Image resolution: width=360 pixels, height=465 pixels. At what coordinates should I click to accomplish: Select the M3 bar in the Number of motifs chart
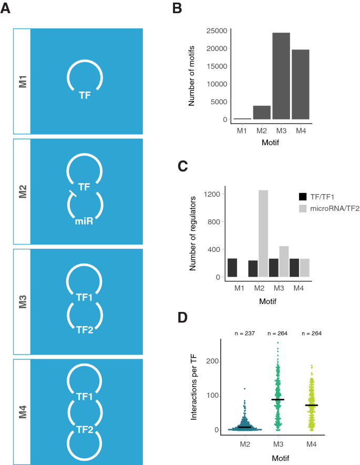click(x=281, y=76)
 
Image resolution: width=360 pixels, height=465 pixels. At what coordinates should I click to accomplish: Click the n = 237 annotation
click(x=244, y=333)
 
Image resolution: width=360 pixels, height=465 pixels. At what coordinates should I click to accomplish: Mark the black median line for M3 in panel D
click(x=277, y=400)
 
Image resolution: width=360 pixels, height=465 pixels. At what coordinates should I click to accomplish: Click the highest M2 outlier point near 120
click(x=244, y=389)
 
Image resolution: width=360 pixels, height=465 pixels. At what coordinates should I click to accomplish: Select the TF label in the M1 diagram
click(x=85, y=96)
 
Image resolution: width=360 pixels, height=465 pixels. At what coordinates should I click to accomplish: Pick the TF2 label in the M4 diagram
click(x=85, y=430)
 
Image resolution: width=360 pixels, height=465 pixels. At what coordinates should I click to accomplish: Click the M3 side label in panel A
click(x=22, y=301)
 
